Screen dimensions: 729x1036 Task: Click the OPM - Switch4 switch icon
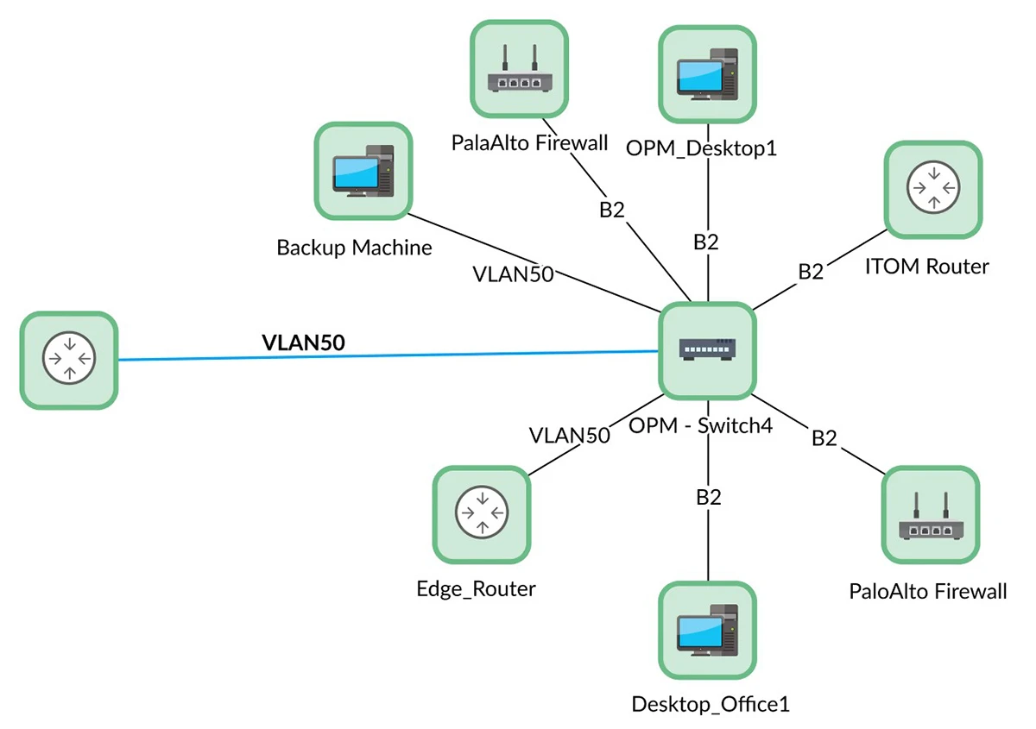[707, 350]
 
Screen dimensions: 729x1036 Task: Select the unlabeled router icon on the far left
[68, 360]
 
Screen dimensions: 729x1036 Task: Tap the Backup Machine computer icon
[363, 170]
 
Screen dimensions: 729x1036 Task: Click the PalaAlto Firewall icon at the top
[519, 69]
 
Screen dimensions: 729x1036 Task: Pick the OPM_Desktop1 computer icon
[707, 74]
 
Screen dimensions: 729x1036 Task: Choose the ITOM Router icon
[932, 190]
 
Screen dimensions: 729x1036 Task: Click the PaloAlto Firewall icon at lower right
[931, 515]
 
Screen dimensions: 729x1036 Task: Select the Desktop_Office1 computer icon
[707, 630]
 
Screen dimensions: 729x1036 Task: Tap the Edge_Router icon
[480, 515]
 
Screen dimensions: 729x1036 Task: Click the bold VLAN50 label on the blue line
[303, 343]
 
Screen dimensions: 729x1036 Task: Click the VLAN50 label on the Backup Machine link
[513, 274]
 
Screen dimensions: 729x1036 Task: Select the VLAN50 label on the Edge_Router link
[570, 435]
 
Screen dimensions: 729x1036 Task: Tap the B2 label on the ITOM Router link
[810, 272]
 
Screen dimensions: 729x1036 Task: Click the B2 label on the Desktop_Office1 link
[708, 497]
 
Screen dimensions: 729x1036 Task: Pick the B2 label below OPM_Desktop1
[706, 242]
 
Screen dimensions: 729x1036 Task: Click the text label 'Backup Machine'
[354, 248]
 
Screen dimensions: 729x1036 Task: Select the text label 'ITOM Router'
[926, 267]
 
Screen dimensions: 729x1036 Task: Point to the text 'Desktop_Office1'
[711, 704]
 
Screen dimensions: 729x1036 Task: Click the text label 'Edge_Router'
[476, 589]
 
